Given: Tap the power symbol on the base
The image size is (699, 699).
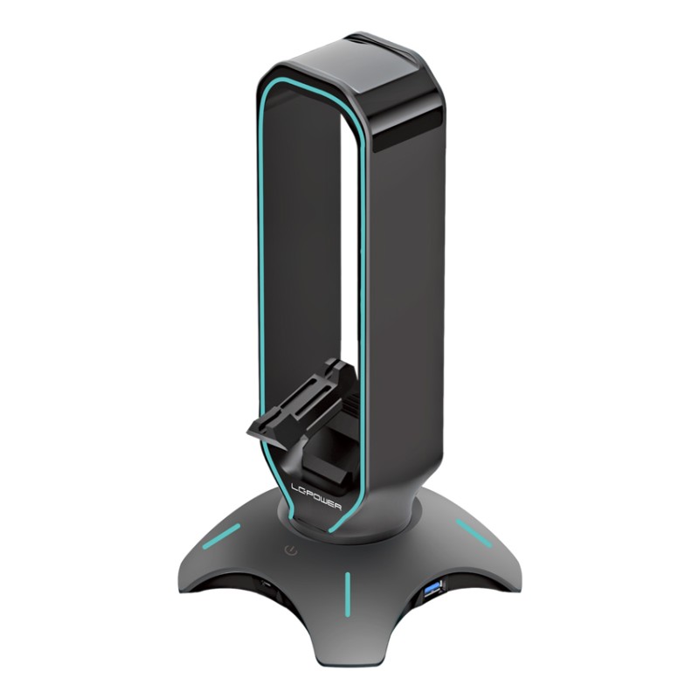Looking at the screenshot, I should tap(290, 551).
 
